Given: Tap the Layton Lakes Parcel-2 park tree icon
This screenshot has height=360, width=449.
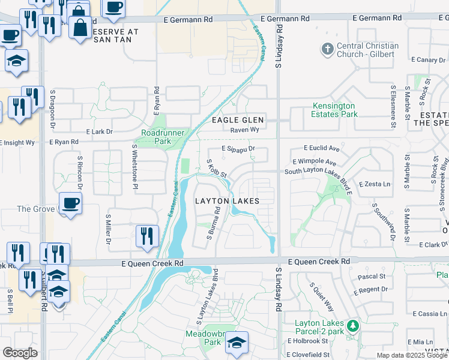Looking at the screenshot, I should (354, 326).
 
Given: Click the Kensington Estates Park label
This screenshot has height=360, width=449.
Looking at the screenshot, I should (334, 110).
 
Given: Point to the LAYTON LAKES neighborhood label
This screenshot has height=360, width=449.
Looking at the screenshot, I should (228, 201).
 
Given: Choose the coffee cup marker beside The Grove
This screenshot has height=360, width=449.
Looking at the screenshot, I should (70, 203).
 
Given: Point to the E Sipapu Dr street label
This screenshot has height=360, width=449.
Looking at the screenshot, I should (238, 148).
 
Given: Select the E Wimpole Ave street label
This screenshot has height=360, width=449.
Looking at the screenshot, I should (315, 161).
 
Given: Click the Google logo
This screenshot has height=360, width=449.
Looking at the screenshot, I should (20, 353).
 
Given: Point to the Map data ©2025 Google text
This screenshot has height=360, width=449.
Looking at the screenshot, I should (412, 355).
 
